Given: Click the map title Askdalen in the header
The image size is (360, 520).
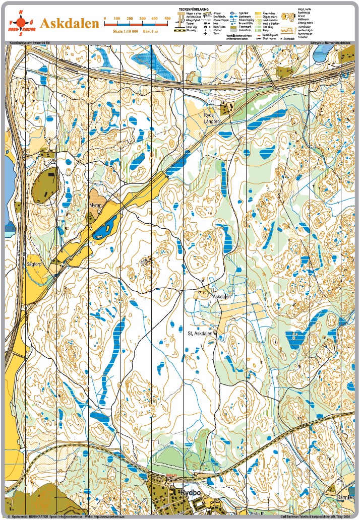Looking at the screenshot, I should coord(70,24).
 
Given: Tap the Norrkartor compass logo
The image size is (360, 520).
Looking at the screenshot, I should coord(21,23).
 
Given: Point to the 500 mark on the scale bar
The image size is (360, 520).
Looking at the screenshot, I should coord(167,18).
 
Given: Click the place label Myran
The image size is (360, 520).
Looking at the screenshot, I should coord(96,206).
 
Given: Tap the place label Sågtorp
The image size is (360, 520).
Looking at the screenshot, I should coord(33,263).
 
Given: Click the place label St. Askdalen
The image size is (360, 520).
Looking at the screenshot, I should coord(201,333).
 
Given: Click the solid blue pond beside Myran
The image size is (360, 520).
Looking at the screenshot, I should coord(107,230).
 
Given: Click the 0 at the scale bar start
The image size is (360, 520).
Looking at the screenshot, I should coord(104,18).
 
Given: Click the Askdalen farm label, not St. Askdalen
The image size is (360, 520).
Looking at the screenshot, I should coord(222,297).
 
